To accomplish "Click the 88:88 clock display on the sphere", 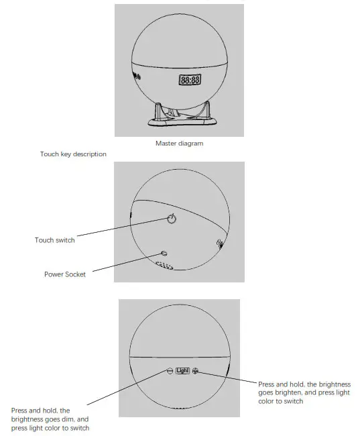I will click(189, 80).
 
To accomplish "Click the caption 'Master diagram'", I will click(179, 143).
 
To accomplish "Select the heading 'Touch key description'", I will click(73, 154).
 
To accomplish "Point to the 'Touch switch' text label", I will click(55, 239).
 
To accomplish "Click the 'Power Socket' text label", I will click(65, 274).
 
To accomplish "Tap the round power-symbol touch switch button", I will click(172, 219).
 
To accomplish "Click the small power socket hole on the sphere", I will click(164, 254).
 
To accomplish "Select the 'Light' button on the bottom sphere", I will click(183, 370).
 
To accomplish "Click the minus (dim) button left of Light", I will click(170, 370).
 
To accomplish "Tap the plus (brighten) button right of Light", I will click(195, 370).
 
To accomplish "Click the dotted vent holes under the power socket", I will click(165, 266).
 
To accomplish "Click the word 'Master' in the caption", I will click(165, 143).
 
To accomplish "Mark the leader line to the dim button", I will click(127, 389).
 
